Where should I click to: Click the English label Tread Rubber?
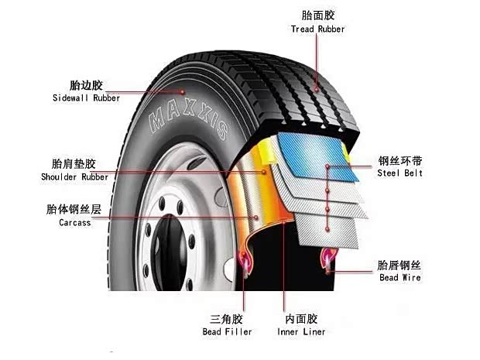(x=317, y=29)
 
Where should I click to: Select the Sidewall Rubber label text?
(x=87, y=98)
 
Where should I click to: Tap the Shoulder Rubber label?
(x=74, y=177)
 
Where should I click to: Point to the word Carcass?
(x=75, y=222)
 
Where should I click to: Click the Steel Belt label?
(x=399, y=173)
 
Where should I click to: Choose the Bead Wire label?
(x=400, y=278)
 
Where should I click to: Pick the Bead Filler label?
(x=227, y=331)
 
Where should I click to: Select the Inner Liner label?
(x=301, y=331)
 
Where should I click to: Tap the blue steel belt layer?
(x=318, y=156)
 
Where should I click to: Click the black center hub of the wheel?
(x=169, y=253)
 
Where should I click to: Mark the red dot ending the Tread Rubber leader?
(x=317, y=89)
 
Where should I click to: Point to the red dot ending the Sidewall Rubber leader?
(x=183, y=92)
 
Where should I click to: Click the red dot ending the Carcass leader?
(x=256, y=218)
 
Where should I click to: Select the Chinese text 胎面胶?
(x=318, y=15)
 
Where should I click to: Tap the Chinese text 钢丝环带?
(x=400, y=160)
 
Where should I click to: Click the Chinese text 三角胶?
(x=226, y=319)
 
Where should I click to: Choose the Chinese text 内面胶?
(x=301, y=319)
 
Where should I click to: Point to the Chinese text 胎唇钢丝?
(x=399, y=265)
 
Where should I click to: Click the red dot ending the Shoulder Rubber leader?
(x=264, y=172)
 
